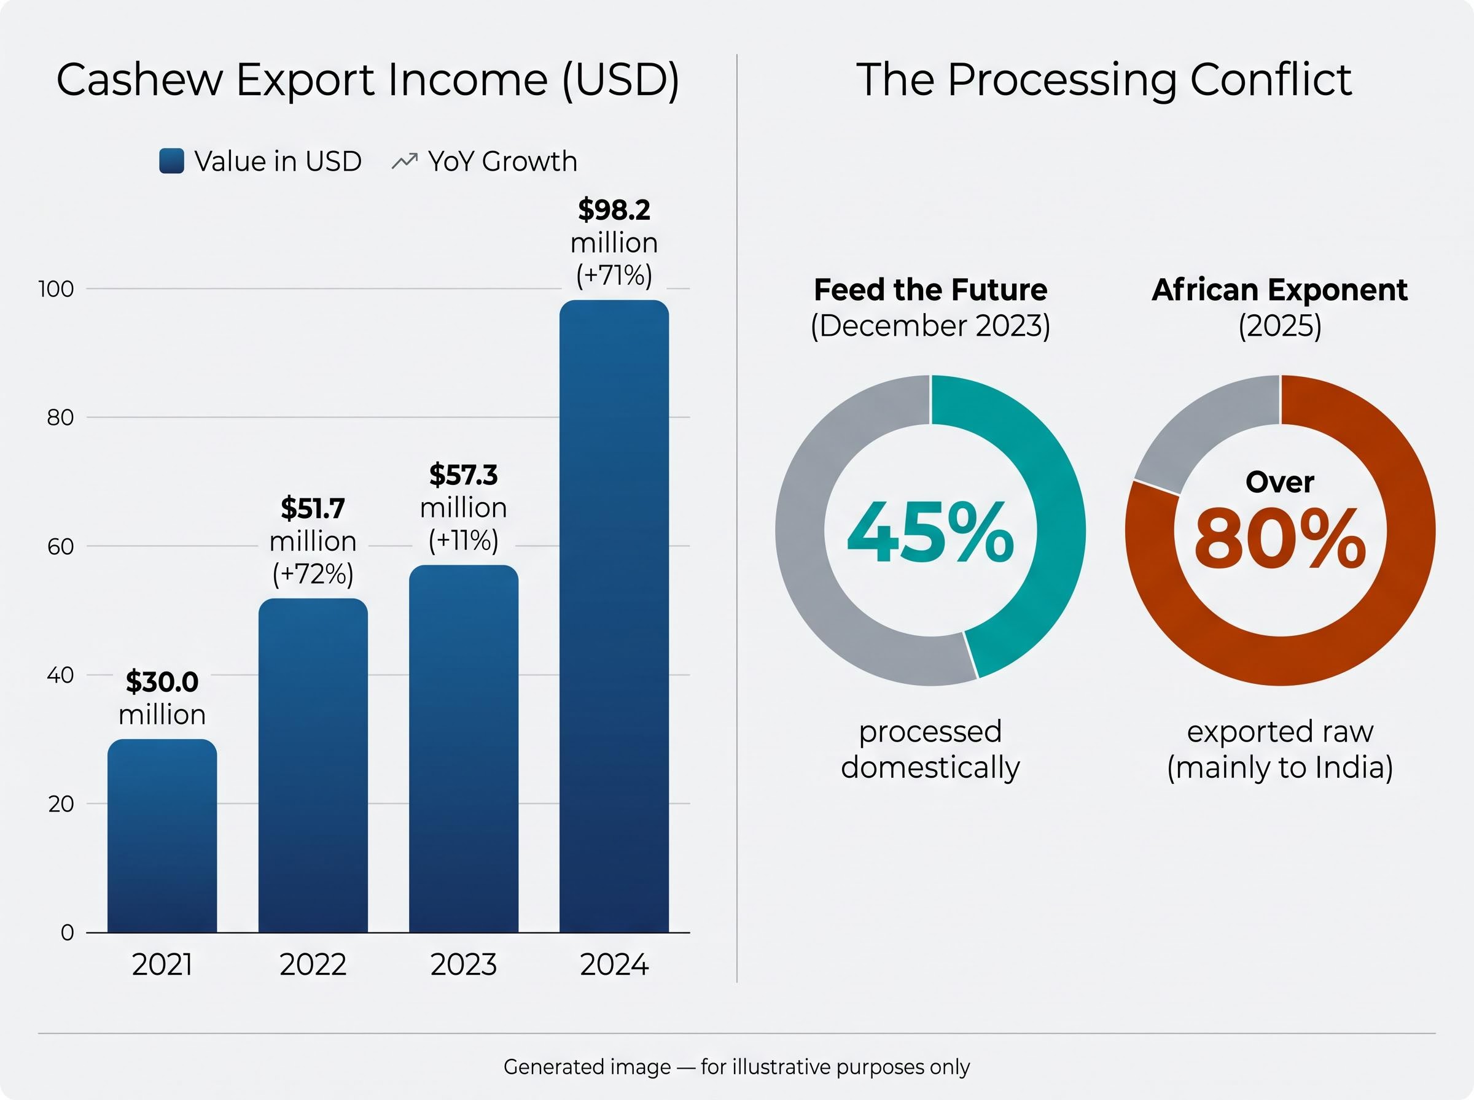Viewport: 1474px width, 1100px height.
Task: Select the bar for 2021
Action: tap(162, 835)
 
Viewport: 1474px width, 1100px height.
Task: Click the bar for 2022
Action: tap(313, 765)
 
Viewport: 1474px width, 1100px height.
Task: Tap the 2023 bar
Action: tap(464, 749)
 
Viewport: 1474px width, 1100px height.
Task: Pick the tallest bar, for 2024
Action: tap(614, 616)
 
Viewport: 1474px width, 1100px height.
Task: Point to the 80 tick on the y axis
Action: tap(60, 417)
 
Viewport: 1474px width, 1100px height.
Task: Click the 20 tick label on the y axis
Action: tap(61, 804)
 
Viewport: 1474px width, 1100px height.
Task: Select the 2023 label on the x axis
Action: tap(464, 965)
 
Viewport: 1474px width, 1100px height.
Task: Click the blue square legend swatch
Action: tap(172, 161)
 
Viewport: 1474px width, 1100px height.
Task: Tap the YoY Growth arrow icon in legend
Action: tap(405, 161)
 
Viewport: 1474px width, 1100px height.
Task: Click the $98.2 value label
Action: tap(614, 210)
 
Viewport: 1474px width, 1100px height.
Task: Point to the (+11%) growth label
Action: tap(464, 541)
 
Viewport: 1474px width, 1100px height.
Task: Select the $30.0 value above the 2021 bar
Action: tap(162, 682)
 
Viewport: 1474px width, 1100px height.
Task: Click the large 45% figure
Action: tap(930, 533)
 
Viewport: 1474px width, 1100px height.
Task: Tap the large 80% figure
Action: tap(1280, 538)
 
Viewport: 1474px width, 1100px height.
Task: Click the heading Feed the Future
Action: tap(930, 290)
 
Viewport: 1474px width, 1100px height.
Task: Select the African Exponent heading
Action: tap(1279, 290)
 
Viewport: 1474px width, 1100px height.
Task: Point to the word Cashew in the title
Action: tap(140, 80)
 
